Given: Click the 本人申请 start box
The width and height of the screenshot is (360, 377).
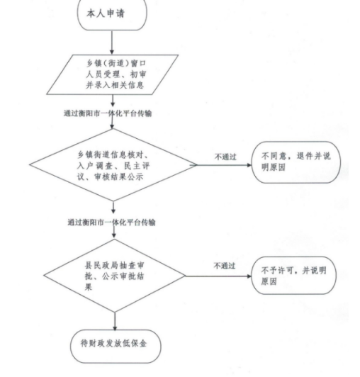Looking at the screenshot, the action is click(112, 14).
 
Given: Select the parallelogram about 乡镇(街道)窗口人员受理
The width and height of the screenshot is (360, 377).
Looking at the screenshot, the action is click(112, 74).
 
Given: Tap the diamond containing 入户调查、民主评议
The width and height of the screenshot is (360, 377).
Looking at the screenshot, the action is click(113, 165).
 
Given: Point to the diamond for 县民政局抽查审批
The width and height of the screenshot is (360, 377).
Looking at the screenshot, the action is click(115, 276).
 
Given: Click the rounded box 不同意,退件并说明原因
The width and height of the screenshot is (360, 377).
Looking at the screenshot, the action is click(296, 162).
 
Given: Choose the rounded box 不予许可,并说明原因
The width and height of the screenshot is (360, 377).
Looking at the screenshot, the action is click(293, 276).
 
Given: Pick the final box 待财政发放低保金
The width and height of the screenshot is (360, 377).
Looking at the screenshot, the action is click(116, 347).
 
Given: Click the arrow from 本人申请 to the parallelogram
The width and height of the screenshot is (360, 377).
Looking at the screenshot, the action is click(112, 43).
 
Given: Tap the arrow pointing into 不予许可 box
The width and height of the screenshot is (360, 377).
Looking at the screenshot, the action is click(218, 276).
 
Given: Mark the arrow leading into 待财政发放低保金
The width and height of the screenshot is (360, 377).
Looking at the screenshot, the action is click(115, 321).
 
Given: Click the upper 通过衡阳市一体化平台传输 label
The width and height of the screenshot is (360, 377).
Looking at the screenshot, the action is click(108, 113).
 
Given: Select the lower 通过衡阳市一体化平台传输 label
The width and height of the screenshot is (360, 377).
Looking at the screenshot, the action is click(111, 223).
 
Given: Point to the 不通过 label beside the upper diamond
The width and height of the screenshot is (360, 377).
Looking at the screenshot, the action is click(225, 157).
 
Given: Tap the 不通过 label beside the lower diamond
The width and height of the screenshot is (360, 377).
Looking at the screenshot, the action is click(225, 266).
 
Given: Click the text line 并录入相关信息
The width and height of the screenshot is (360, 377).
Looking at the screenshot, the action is click(115, 85).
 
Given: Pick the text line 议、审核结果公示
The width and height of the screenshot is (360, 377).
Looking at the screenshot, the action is click(110, 176).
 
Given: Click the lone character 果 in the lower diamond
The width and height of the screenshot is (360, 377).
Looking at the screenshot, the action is click(89, 286).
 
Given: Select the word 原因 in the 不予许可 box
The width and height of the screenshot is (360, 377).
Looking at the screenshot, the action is click(269, 281).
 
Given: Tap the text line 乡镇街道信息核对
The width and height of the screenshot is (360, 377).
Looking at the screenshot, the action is click(113, 154).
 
